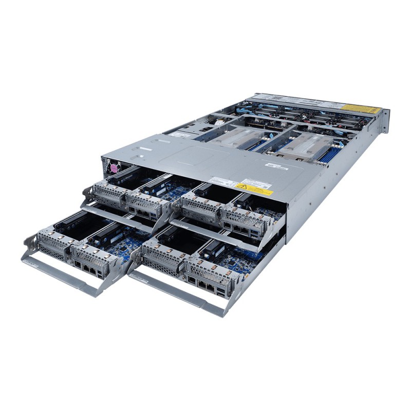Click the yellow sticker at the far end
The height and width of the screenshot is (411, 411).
(x=361, y=108)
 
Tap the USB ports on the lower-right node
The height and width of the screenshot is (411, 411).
(x=220, y=293)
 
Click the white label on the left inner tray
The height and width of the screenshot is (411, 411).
(x=180, y=135)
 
